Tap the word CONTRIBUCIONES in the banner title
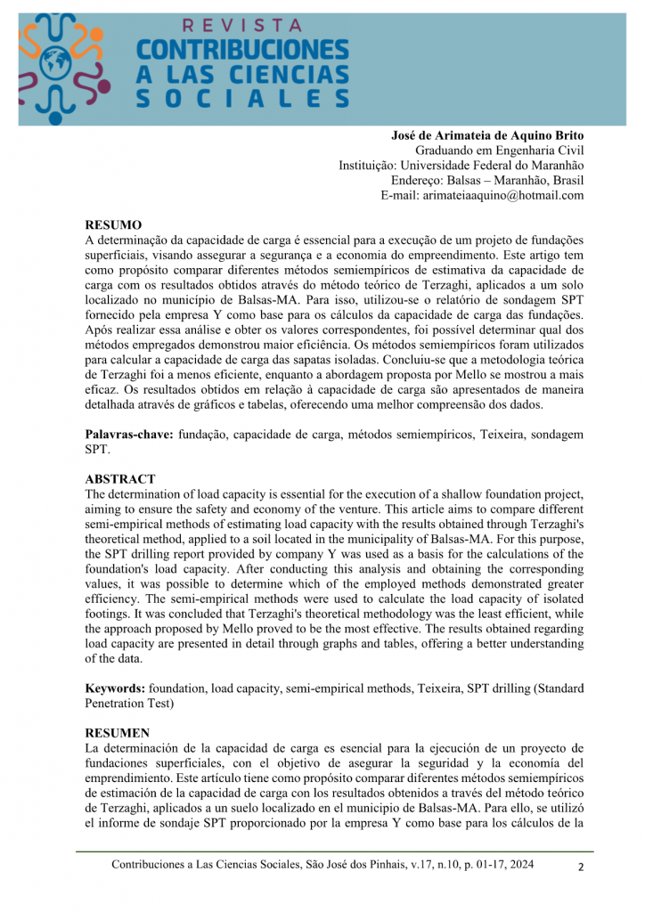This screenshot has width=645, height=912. tap(241, 50)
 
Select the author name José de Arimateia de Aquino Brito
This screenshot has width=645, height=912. tap(487, 135)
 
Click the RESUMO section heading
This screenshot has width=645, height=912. tap(113, 225)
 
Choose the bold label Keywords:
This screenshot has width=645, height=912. tap(115, 688)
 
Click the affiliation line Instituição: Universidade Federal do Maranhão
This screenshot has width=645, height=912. tap(461, 166)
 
